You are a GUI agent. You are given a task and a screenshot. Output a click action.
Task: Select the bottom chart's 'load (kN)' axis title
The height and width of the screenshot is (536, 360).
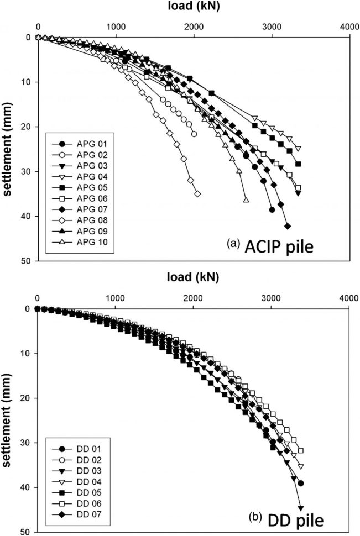coord(194,279)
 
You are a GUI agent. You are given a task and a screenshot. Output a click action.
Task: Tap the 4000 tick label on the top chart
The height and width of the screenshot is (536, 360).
coord(349,26)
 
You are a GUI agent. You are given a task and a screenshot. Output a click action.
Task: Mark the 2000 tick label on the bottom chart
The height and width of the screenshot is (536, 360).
coord(193,298)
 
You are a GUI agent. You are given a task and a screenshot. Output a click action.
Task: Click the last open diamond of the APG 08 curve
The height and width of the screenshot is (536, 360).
coord(197,194)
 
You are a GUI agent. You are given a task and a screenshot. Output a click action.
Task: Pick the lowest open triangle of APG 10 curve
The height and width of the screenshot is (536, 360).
coord(246,199)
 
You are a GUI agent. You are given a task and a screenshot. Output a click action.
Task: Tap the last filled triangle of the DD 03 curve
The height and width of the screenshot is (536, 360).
coord(301,508)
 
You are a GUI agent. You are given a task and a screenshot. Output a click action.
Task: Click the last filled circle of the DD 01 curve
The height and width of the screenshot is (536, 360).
coord(301,483)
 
